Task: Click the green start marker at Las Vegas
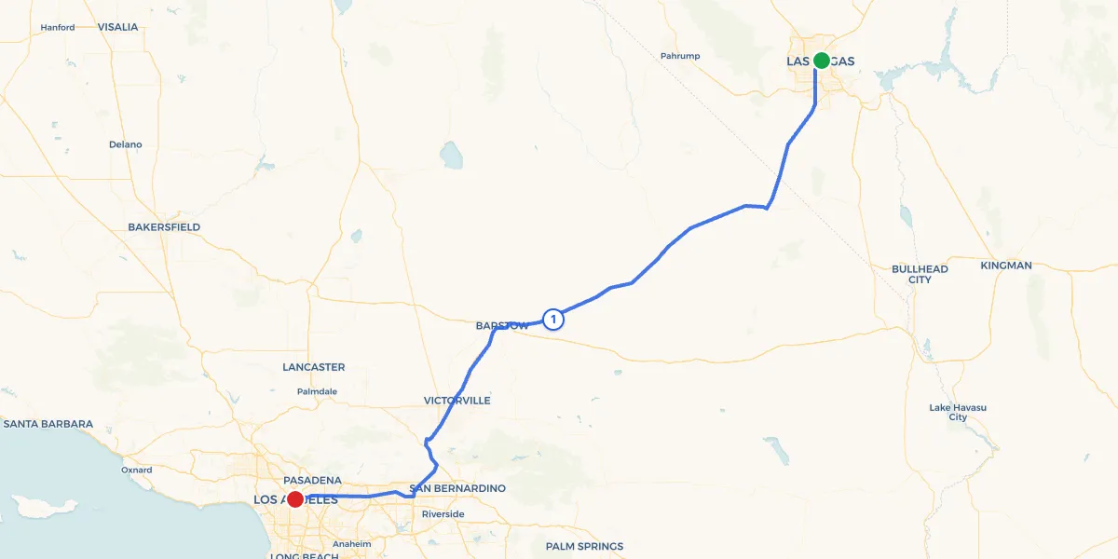pos(821,61)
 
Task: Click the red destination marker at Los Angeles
pos(294,499)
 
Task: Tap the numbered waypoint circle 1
pos(553,320)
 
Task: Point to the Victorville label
pos(457,401)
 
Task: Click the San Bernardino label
pos(457,488)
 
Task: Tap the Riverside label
pos(443,514)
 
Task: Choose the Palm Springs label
pos(584,547)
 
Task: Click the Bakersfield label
pos(164,227)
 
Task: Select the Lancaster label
pos(314,367)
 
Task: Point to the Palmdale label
pos(317,391)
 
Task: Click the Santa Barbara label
pos(48,424)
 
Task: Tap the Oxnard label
pos(136,470)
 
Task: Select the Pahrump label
pos(680,56)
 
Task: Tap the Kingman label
pos(1006,266)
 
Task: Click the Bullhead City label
pos(920,274)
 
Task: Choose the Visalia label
pos(117,27)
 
